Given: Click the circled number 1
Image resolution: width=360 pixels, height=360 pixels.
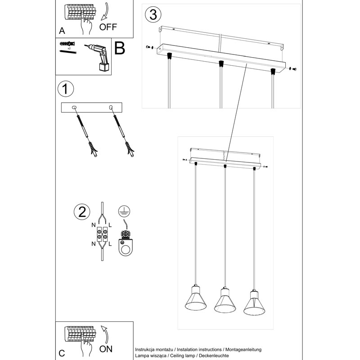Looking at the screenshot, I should [66, 89].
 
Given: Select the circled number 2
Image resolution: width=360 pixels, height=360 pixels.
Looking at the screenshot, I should [81, 212].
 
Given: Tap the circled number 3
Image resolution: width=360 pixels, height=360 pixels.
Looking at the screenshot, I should [153, 14].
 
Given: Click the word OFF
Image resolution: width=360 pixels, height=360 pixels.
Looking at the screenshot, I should [108, 27].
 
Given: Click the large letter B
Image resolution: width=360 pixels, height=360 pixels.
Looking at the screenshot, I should [119, 48].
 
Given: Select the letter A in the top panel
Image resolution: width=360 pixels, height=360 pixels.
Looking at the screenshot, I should [62, 31].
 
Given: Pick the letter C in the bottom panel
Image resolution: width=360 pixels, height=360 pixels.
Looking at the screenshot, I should [62, 352].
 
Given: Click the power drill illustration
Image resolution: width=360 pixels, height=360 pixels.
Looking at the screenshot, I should [99, 57].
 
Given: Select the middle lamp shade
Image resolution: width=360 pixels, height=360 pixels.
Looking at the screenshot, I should [223, 302].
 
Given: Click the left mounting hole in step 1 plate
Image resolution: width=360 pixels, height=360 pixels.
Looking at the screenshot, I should [74, 107].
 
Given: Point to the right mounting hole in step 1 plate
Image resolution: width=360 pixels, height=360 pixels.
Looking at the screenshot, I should [111, 107].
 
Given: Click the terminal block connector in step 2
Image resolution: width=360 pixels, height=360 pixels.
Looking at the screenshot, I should [102, 234].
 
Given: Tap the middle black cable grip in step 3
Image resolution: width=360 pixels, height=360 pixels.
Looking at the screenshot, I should [220, 63].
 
